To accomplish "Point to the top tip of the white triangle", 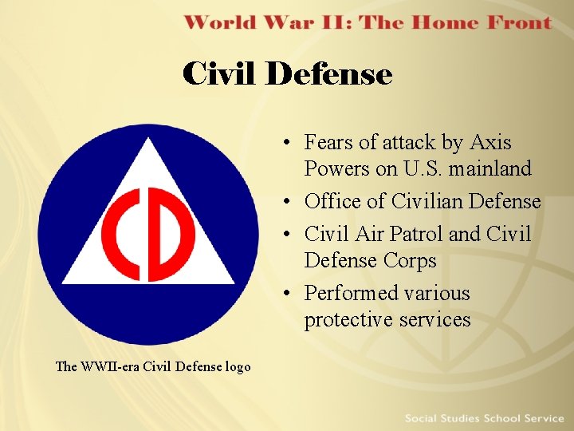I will (148, 140).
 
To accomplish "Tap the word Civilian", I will (417, 202).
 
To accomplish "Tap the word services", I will (438, 320).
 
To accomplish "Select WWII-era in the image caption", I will (106, 367).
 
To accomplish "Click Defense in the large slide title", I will (329, 74).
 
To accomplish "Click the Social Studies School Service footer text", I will (484, 418).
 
